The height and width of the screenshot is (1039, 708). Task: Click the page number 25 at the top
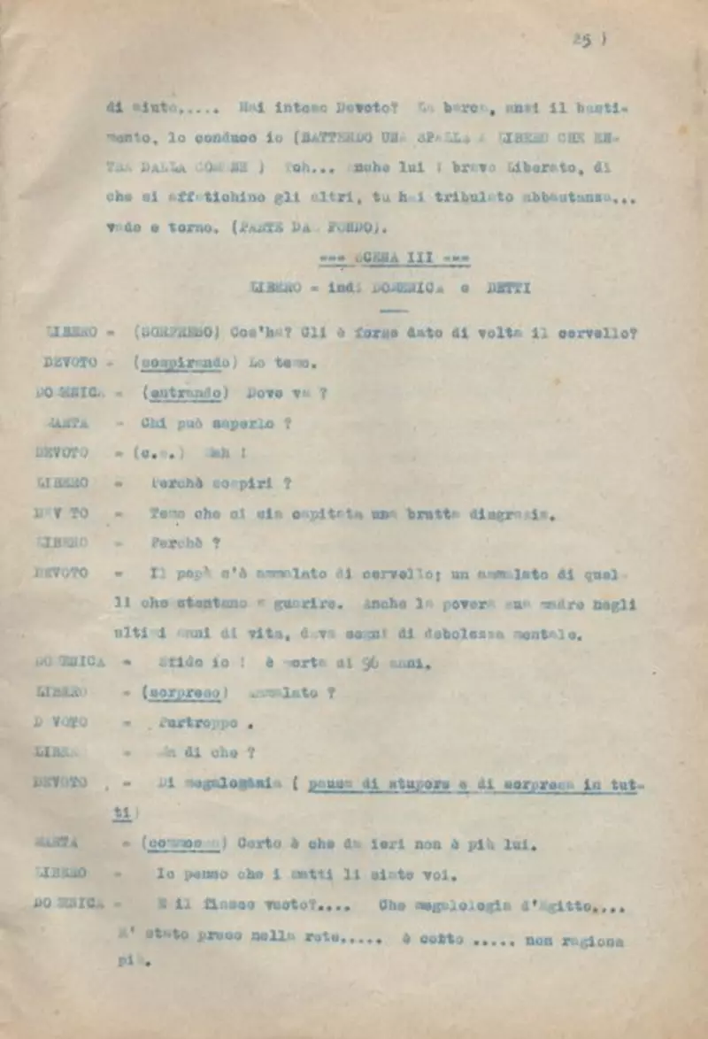point(581,40)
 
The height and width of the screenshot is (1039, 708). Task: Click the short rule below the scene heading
point(392,311)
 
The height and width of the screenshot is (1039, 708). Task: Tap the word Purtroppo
point(199,723)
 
